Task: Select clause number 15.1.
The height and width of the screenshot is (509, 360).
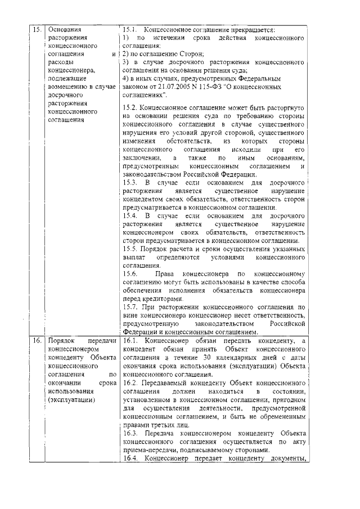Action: point(130,29)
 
